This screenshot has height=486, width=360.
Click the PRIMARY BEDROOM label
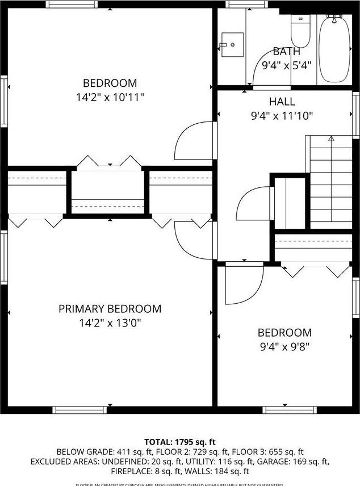click(110, 309)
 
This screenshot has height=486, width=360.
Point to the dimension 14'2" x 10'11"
click(110, 98)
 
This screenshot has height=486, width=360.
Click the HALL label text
click(282, 102)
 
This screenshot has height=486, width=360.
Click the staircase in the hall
click(330, 182)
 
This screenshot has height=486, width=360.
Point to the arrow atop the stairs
click(331, 138)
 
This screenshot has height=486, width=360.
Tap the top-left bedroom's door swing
click(193, 142)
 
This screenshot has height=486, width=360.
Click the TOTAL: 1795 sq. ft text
click(179, 442)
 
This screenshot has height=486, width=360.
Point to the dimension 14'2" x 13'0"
click(110, 323)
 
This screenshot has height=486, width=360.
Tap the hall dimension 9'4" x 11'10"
click(282, 116)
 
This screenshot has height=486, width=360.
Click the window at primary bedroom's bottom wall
click(79, 409)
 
